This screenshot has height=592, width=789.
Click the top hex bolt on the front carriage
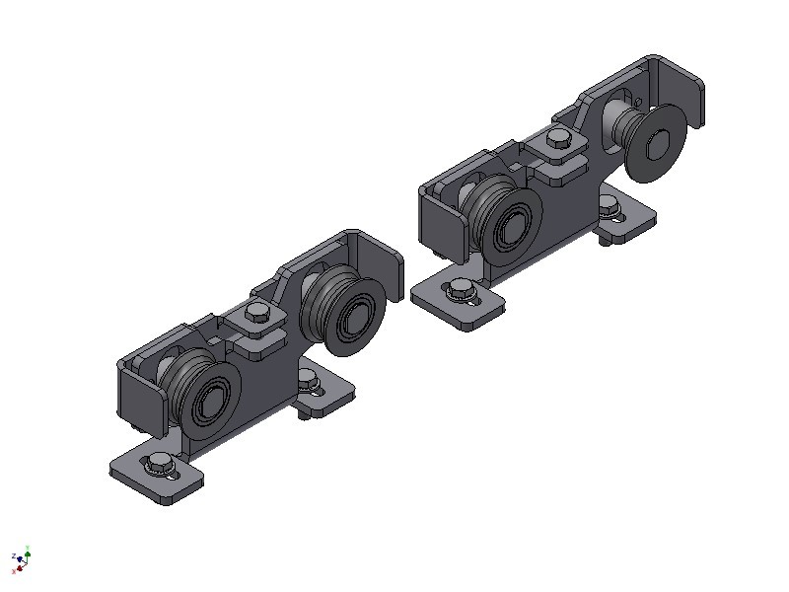tap(256, 314)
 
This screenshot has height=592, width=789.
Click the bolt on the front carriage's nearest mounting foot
tap(159, 463)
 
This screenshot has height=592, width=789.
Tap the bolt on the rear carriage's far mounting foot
tap(613, 207)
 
